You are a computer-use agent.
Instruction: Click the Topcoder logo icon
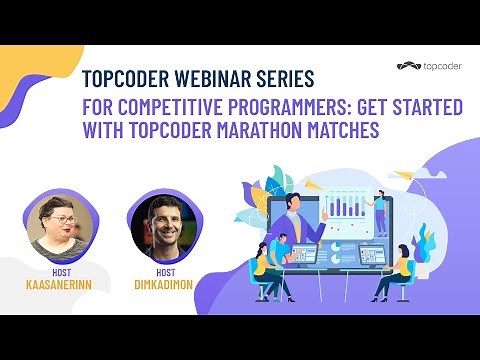[x=405, y=68]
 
